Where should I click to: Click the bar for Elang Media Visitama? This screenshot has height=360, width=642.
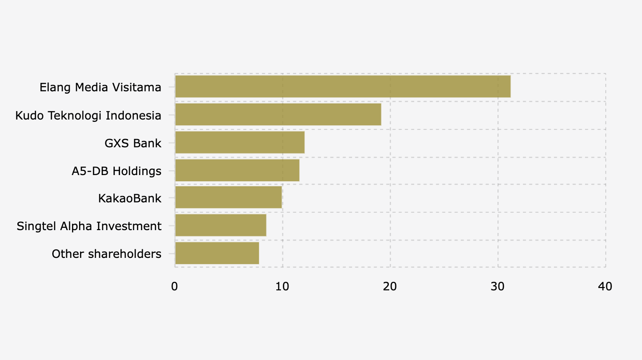point(343,87)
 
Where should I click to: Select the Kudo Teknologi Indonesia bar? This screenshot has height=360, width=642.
point(278,115)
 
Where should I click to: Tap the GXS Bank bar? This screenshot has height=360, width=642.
point(240,143)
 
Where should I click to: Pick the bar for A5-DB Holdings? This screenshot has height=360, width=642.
point(237,170)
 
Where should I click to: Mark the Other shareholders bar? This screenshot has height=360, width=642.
point(217,254)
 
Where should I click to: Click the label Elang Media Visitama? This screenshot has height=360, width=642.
point(100,88)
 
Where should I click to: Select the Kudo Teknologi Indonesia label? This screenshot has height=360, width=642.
point(88,115)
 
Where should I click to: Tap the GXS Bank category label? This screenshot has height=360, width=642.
point(133,143)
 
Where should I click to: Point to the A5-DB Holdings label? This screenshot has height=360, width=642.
point(116,171)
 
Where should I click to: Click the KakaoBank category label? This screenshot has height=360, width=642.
point(129,199)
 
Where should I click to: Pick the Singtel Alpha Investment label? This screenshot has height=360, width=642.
point(89,226)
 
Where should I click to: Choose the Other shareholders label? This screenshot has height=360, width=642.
point(106,254)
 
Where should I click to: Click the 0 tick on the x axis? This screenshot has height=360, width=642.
point(175,287)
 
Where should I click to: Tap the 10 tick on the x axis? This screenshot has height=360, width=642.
point(282,287)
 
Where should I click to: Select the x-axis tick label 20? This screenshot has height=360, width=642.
point(390,287)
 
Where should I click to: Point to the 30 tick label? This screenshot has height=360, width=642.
point(498,287)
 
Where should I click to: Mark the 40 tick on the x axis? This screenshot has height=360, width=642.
point(605,287)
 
